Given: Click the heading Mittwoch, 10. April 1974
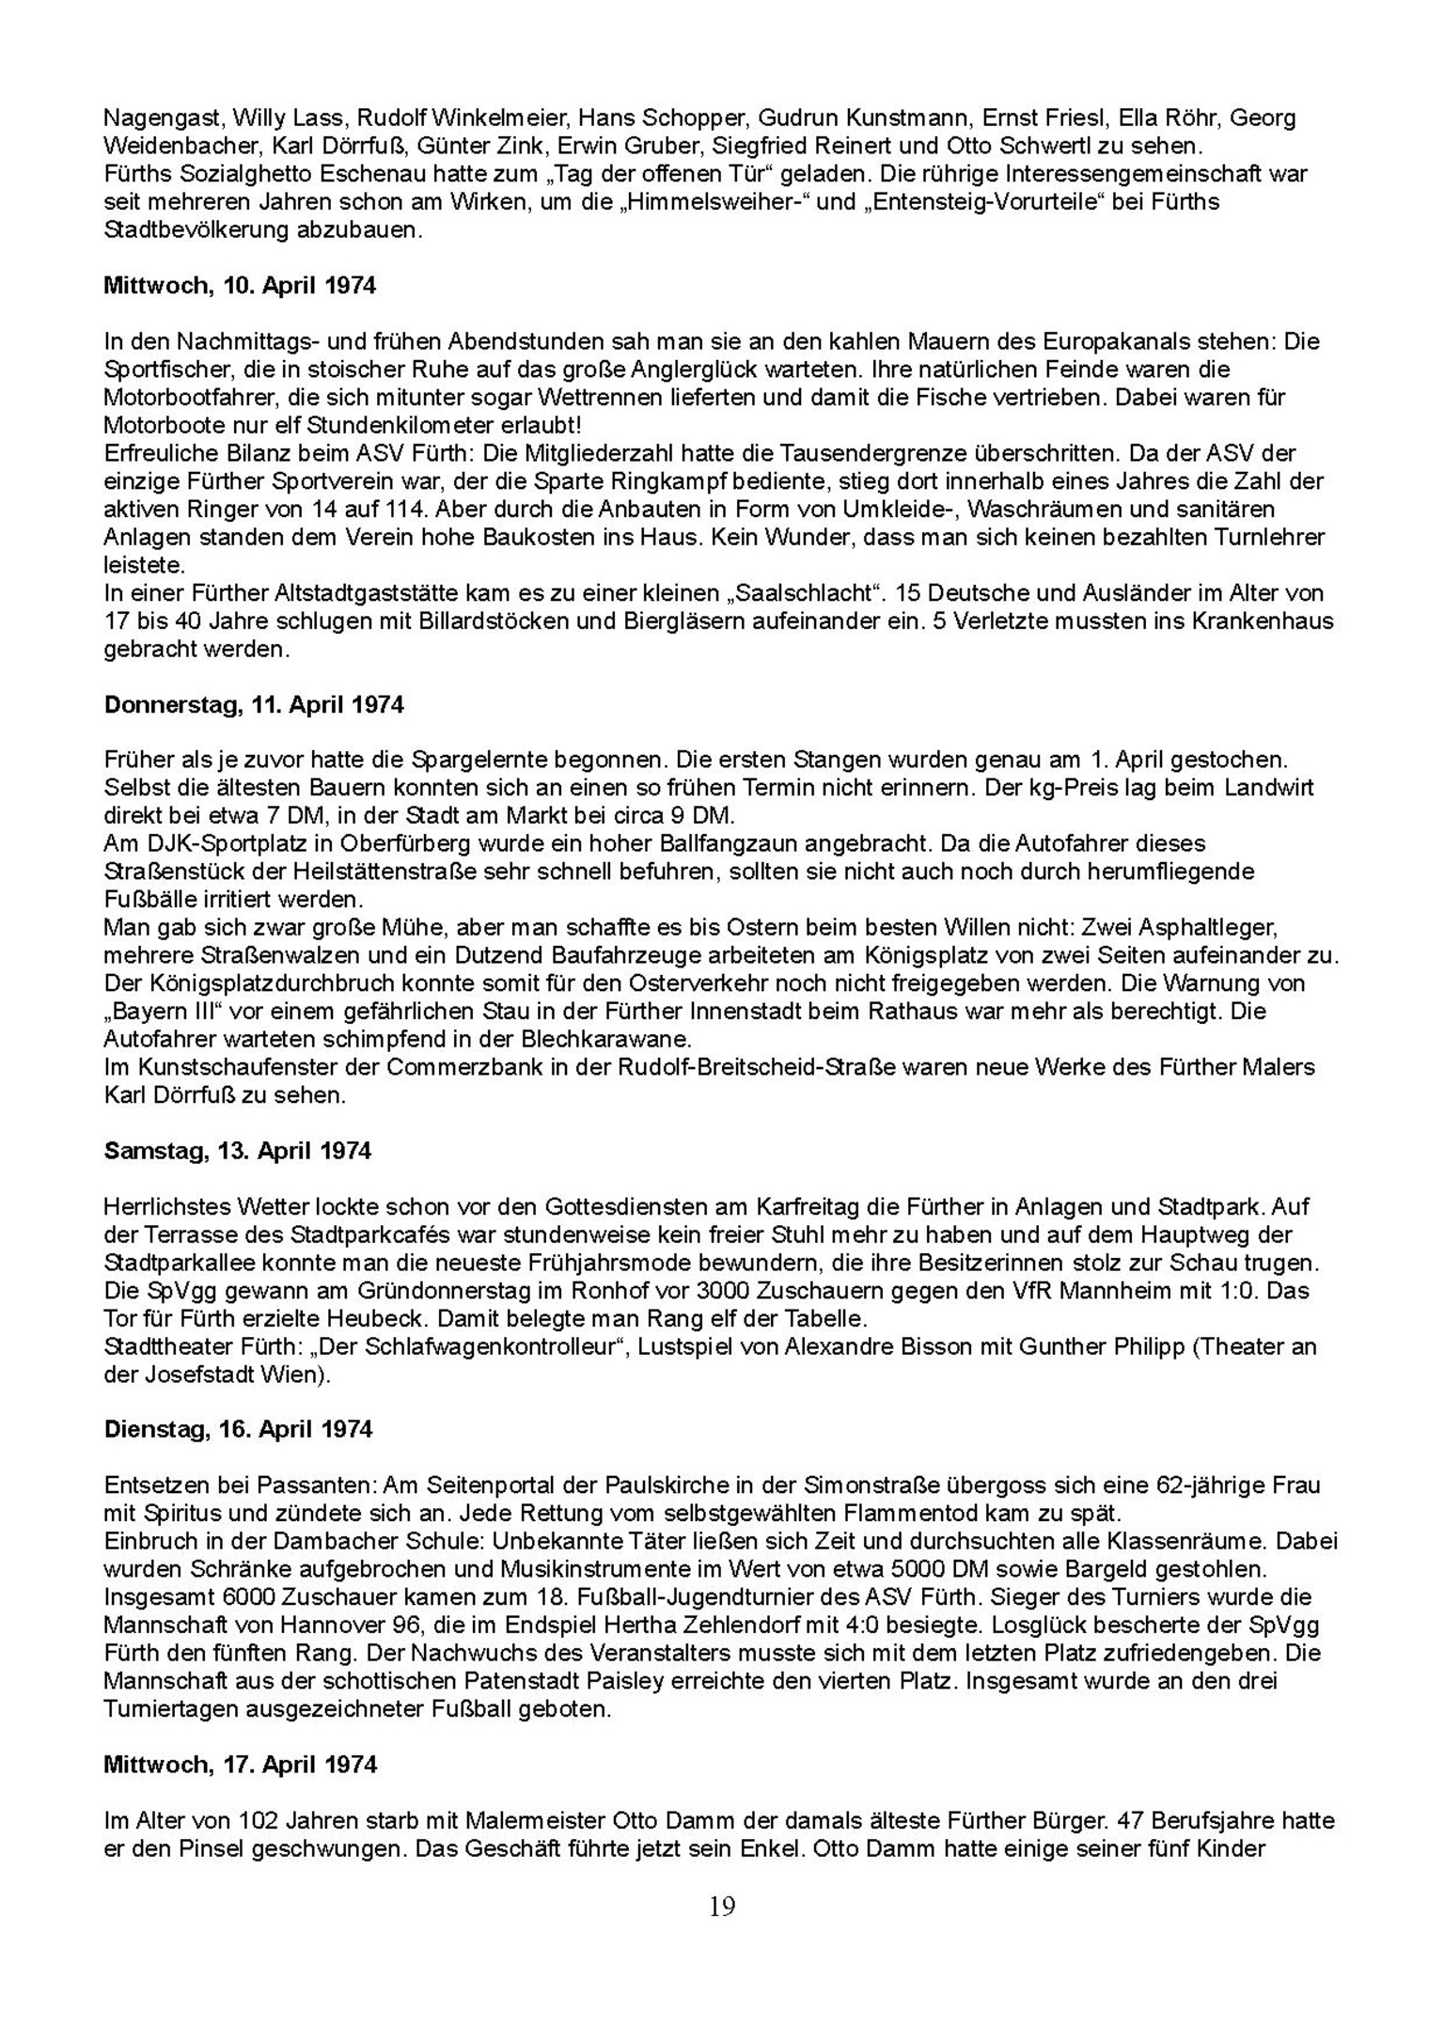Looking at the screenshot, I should [x=240, y=286].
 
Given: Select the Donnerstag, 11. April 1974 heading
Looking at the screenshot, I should [x=254, y=704].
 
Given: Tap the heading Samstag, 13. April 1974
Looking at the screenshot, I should [x=237, y=1151].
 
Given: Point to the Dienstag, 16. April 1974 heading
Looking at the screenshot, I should [x=238, y=1429].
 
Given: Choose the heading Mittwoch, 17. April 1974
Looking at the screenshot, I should [x=240, y=1764].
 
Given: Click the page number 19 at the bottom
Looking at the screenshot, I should [x=722, y=1906].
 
